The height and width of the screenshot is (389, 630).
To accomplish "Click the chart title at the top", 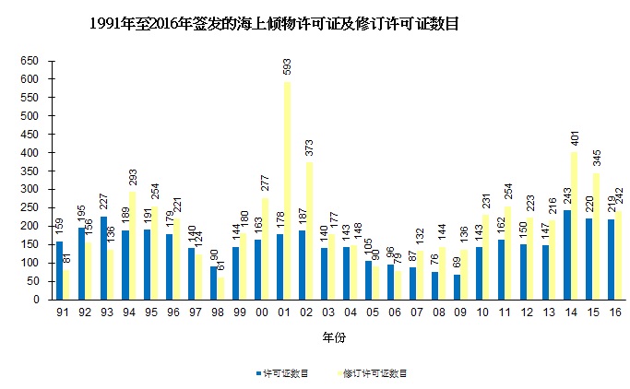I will click(x=274, y=25).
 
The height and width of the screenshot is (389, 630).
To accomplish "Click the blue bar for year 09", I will click(x=457, y=287).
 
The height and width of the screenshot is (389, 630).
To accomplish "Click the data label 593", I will click(x=288, y=68).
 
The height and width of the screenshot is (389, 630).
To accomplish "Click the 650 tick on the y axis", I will click(x=30, y=61).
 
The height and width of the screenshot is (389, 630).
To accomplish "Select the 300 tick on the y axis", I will click(x=30, y=189).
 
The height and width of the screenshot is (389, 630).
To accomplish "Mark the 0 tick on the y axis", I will click(x=36, y=300).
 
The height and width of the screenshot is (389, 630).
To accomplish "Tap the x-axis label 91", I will click(x=61, y=313).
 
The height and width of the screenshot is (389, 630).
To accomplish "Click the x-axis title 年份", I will click(x=334, y=338).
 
